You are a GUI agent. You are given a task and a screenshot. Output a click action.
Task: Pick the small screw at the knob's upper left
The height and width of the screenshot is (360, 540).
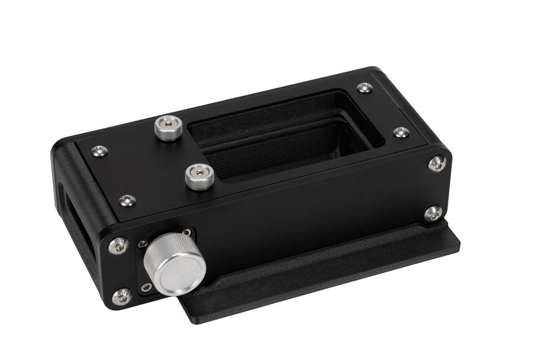click(x=143, y=244)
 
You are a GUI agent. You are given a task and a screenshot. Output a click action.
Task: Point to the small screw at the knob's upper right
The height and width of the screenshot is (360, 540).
click(x=186, y=233)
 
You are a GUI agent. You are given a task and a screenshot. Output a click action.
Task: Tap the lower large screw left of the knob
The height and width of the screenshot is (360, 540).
click(x=122, y=296)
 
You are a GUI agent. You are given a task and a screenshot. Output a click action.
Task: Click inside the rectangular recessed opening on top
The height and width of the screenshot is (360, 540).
click(x=286, y=135)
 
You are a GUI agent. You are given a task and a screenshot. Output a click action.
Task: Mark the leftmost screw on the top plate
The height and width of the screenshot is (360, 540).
click(x=98, y=152)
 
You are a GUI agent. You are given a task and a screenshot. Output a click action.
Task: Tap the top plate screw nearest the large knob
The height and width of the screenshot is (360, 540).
click(x=127, y=201)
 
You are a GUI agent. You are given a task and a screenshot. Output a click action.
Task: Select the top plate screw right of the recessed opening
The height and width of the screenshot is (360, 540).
click(x=401, y=132)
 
